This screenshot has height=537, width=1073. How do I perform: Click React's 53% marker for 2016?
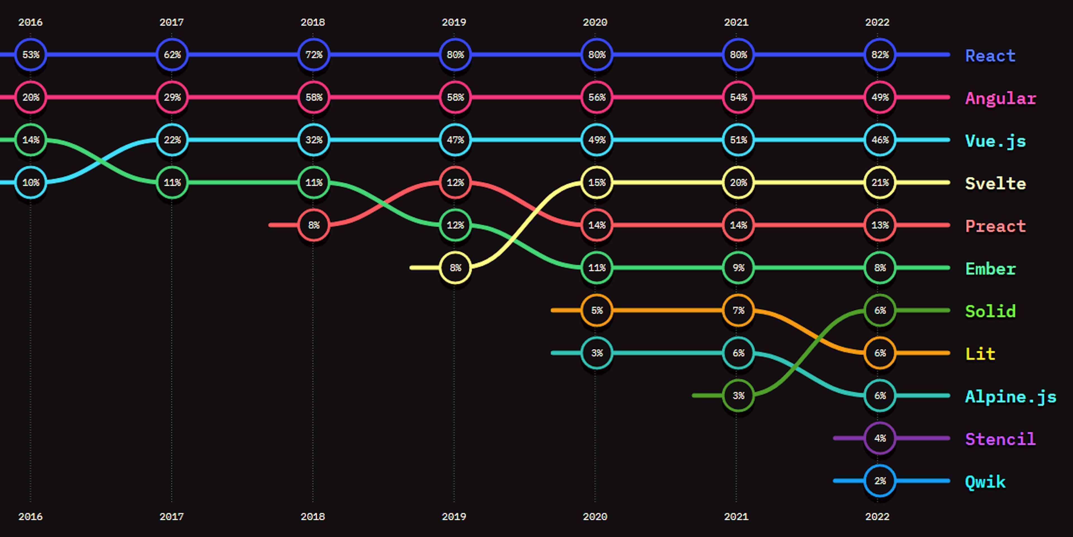point(30,55)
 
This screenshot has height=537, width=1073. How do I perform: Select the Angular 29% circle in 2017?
point(172,97)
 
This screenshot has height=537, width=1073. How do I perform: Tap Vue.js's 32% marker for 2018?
point(314,140)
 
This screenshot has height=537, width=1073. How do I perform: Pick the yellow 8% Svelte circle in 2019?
point(455,268)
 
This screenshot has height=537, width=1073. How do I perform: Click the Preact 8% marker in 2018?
point(314,225)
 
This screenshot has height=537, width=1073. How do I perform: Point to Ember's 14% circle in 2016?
point(30,140)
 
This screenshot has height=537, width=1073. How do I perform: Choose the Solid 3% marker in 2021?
point(738,395)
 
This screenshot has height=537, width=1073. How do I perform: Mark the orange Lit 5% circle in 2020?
point(597,310)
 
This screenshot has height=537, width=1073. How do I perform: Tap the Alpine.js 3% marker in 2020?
point(597,353)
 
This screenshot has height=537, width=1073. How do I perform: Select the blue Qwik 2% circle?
point(880,481)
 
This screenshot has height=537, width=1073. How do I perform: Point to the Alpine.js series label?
point(1010,397)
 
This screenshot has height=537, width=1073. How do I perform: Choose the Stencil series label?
point(1000,439)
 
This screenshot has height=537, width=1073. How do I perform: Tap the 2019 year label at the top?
point(454,22)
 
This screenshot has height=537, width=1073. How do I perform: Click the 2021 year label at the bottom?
point(736,517)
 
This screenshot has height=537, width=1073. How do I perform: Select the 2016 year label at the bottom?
point(30,517)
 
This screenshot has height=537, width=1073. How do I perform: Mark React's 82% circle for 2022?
point(880,55)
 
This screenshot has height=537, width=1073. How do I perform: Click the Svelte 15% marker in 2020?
point(597,182)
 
